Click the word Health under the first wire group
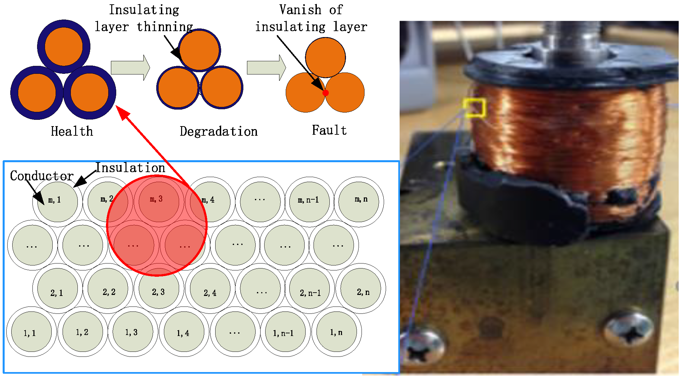[72, 131]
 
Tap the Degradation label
[219, 131]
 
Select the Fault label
[329, 130]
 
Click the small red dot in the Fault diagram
[326, 93]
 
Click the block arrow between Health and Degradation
[130, 68]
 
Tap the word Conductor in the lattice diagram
[42, 176]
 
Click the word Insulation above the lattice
[130, 168]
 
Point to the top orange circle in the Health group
[64, 46]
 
